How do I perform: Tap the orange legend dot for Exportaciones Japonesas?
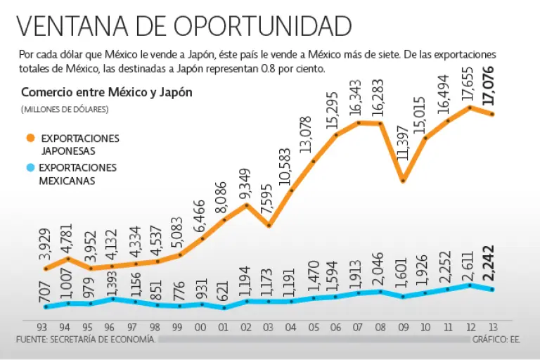pyautogui.click(x=30, y=138)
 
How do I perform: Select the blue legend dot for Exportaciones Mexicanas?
pyautogui.click(x=30, y=168)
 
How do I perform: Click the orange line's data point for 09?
pyautogui.click(x=403, y=181)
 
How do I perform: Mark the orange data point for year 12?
pyautogui.click(x=470, y=107)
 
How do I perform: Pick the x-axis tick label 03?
pyautogui.click(x=269, y=328)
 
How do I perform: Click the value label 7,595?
pyautogui.click(x=268, y=202)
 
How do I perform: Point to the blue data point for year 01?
pyautogui.click(x=224, y=308)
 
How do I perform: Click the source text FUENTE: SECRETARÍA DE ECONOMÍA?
pyautogui.click(x=85, y=339)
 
